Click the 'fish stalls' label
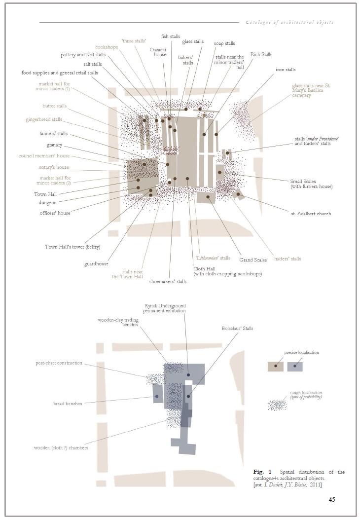171,36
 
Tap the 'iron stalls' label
286,70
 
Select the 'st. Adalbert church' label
311,214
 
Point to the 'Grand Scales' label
253,260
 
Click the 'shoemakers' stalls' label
168,282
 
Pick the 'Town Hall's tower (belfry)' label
72,247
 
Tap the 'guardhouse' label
96,264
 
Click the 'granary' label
54,145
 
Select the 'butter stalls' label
54,106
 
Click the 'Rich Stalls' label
261,54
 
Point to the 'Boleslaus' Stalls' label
237,328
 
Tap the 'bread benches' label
68,404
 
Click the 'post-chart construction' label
59,363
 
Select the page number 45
332,499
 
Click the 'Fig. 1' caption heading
262,472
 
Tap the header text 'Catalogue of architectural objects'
289,22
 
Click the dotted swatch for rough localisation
277,405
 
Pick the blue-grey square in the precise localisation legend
295,367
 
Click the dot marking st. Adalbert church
238,194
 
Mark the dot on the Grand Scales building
208,197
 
